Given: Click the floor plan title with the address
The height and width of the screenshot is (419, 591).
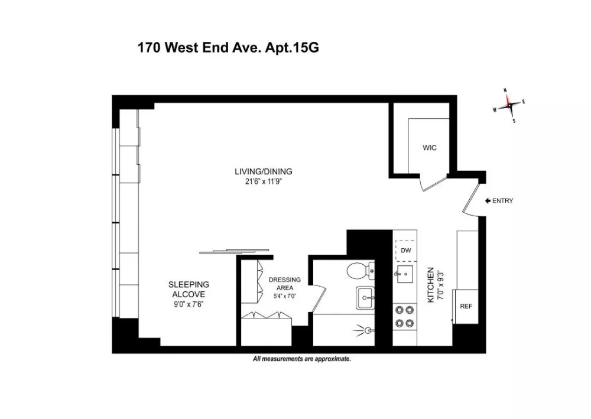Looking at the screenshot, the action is coord(228,48).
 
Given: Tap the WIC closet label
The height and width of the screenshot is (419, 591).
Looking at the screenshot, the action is coord(429,148).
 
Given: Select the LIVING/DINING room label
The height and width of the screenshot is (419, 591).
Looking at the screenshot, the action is coord(264,171).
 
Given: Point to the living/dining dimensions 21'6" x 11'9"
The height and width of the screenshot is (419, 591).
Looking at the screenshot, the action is coord(264,181).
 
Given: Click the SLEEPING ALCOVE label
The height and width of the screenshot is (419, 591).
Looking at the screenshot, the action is coord(189,290).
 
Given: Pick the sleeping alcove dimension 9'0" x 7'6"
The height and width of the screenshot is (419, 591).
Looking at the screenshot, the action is coord(189,304).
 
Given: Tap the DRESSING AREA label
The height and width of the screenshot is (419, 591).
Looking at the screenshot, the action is coord(285,284).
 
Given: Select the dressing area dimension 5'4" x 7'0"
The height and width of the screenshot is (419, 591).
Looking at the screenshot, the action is coord(285,296).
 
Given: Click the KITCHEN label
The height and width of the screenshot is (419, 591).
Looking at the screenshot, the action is coord(430,285).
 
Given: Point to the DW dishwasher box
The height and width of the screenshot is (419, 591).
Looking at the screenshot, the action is coord(405,251).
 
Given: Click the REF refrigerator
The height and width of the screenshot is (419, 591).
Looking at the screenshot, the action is coord(466,306).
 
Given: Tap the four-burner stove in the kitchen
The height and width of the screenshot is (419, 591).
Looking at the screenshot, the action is coord(404,317).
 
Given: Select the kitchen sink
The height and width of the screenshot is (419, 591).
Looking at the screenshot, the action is coord(404,274).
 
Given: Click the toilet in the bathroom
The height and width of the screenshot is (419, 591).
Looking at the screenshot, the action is coord(361,271).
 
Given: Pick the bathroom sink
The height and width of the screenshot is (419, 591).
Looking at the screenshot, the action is coord(365,298).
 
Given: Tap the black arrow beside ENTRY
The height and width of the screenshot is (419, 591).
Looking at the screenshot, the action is coord(488,201).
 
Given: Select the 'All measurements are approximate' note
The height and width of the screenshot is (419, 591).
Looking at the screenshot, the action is coord(302,359).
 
